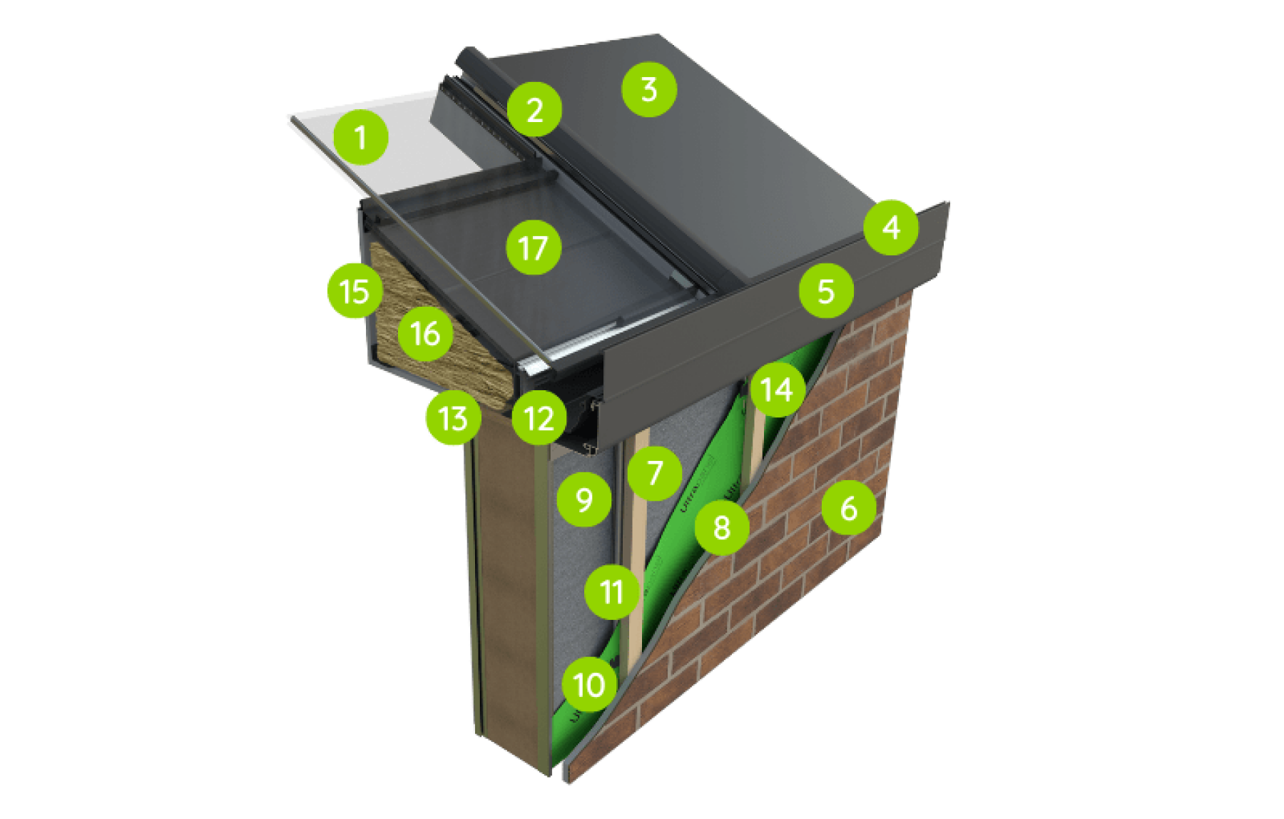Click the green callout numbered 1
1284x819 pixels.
coord(360,137)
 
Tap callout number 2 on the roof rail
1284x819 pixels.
coord(534,110)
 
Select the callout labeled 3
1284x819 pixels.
coord(648,89)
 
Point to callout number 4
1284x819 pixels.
coord(890,228)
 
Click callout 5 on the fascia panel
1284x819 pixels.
coord(826,290)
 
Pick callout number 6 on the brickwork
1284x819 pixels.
coord(848,508)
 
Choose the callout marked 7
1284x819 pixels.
coord(655,472)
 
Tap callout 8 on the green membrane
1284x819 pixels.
coord(721,528)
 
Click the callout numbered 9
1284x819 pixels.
coord(584,499)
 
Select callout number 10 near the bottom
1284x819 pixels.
coord(588,685)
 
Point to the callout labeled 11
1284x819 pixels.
coord(611,591)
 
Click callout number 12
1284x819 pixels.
coord(539,419)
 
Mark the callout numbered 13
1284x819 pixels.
coord(452,419)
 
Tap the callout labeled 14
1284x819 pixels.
coord(777,390)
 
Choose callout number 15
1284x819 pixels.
coord(355,291)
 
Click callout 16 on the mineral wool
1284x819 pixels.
coord(425,333)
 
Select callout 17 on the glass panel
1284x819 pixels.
coord(533,248)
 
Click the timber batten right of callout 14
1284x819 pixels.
coord(755,449)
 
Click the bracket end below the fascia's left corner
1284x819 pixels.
coord(591,448)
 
